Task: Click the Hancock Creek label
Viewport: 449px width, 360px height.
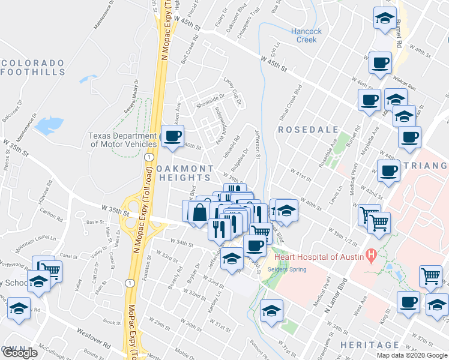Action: [306, 35]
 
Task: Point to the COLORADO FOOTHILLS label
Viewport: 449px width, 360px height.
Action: [33, 67]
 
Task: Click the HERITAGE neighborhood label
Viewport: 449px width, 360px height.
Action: [369, 345]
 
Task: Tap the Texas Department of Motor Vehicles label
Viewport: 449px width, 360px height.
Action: [122, 140]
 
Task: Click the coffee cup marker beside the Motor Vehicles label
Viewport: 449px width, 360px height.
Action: [173, 136]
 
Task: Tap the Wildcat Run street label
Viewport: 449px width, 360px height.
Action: [404, 86]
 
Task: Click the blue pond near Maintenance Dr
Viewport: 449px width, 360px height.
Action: [49, 125]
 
